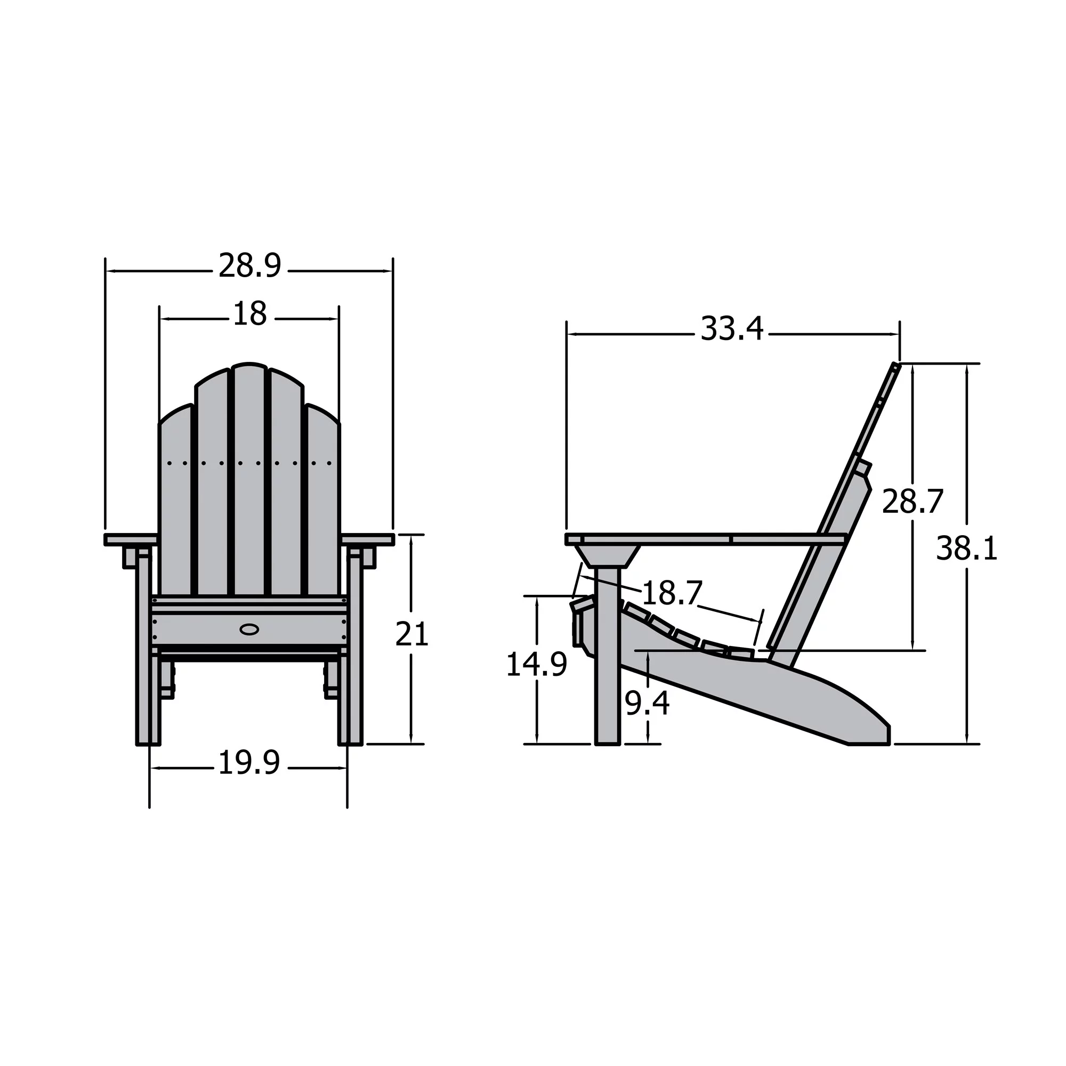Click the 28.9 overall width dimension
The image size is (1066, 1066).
(249, 266)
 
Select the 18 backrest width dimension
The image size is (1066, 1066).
(250, 314)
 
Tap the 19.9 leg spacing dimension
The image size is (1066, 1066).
(249, 763)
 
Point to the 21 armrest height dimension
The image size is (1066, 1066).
(411, 634)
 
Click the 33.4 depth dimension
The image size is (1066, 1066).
(732, 329)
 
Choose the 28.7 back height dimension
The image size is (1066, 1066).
(912, 502)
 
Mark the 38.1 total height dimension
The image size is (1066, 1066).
(967, 550)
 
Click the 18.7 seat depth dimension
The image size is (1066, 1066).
(672, 593)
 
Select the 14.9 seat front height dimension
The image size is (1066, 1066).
(536, 664)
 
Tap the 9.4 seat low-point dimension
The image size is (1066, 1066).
(647, 704)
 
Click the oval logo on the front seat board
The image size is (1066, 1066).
(249, 629)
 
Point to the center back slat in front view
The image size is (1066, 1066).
(249, 480)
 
